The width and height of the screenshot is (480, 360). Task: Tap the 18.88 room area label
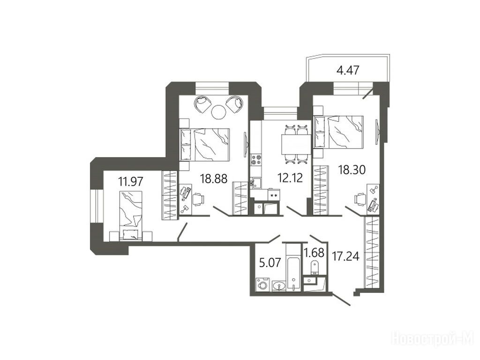214,179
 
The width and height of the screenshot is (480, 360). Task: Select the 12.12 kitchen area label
290,178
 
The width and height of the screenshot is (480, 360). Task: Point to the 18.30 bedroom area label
352,169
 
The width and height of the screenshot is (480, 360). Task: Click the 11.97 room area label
131,182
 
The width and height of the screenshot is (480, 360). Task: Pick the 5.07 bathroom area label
270,262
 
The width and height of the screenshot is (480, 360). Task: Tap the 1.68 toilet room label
314,253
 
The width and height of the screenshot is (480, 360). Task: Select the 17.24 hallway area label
346,256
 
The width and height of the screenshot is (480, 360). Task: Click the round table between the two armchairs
219,112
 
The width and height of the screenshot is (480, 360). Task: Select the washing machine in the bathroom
262,285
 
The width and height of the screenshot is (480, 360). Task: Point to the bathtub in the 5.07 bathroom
293,267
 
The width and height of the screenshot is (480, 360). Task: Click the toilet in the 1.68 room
315,268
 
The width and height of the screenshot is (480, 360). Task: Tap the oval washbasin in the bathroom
279,286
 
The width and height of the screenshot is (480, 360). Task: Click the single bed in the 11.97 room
131,215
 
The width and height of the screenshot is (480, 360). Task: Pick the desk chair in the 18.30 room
360,199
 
